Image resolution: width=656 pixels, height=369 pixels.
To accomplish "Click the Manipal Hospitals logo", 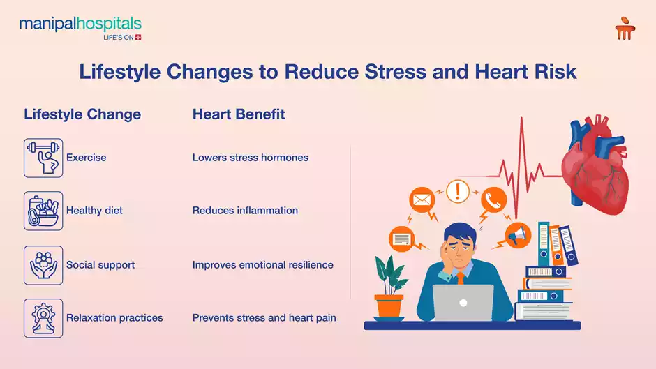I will point(80,29).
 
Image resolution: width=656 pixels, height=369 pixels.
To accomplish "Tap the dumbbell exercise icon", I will point(43,158).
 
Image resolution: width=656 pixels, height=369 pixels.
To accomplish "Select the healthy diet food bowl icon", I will point(43,211).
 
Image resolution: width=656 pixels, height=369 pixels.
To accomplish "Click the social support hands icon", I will point(43,265).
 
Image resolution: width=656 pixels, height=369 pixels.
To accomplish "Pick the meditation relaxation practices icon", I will point(43,318).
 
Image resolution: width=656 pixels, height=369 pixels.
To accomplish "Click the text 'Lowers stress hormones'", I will point(250,158).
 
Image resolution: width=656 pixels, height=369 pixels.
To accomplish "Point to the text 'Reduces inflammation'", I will point(245,211).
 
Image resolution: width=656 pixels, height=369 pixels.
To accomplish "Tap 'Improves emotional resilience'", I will point(262,265).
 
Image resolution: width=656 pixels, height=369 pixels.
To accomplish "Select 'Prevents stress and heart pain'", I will point(264,318).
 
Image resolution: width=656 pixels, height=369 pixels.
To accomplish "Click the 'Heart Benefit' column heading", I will point(239,114).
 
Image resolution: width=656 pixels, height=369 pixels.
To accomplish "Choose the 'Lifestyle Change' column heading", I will point(82,114).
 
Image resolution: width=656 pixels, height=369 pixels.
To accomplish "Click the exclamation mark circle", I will point(458,190).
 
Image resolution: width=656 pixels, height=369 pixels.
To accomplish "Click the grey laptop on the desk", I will point(463,302).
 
